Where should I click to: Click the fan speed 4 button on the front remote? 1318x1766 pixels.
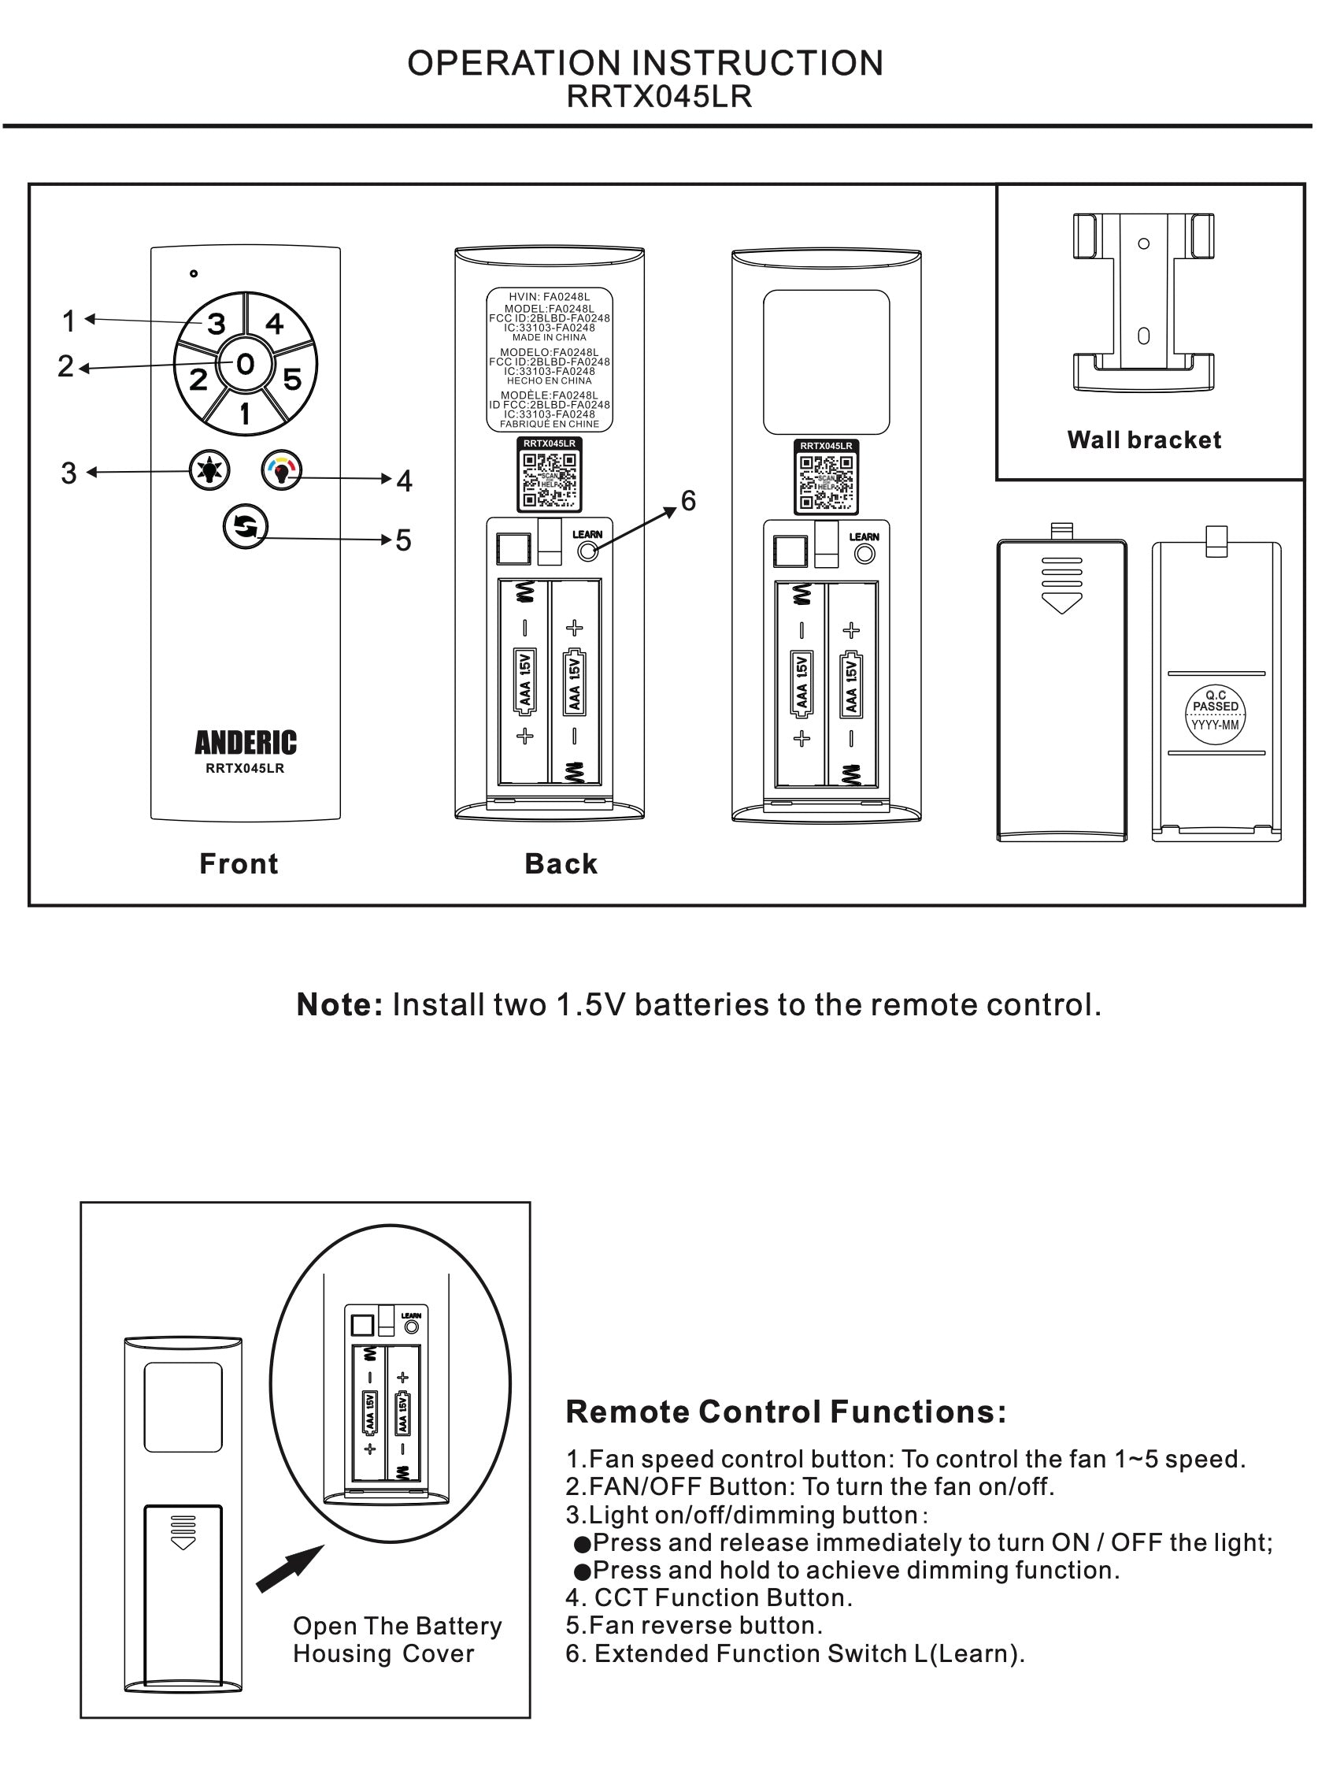[x=276, y=324]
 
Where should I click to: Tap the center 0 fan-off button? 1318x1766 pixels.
[x=245, y=364]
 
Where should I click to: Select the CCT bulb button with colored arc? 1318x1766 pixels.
[x=282, y=470]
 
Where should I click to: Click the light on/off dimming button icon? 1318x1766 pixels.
[x=209, y=470]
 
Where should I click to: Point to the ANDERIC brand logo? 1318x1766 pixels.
[x=245, y=742]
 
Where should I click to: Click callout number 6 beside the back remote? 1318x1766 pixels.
[x=687, y=500]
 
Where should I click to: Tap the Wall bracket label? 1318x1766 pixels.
[x=1143, y=440]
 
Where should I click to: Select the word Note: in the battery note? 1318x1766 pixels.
[x=340, y=1004]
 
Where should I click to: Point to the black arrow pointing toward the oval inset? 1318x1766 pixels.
[x=289, y=1569]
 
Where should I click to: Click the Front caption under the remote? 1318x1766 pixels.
[x=239, y=863]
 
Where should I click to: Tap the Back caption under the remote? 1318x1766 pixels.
[x=561, y=863]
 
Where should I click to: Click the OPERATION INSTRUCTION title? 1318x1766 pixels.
[x=645, y=63]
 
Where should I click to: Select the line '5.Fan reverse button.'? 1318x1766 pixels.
[x=694, y=1626]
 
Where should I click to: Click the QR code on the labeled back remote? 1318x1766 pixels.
[x=549, y=480]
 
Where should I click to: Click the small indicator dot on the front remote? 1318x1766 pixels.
[x=194, y=273]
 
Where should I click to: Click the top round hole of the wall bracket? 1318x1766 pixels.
[x=1143, y=243]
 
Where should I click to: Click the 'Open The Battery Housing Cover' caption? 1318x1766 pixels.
[x=397, y=1640]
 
